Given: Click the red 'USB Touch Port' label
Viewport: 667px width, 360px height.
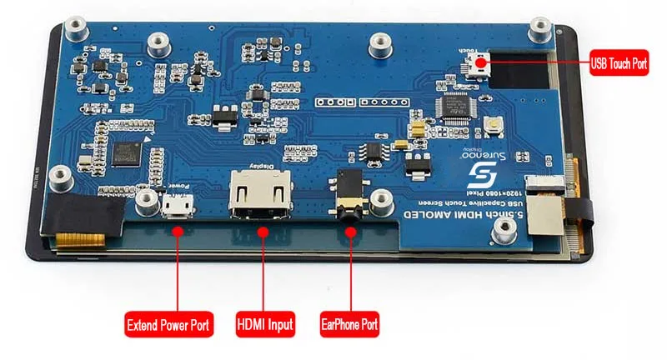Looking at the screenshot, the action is point(619,62).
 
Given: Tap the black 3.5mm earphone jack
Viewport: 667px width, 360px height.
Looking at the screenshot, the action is point(350,193).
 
